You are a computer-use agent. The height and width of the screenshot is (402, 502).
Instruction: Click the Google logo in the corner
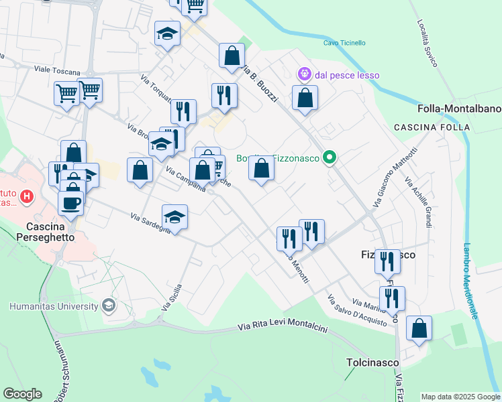pyautogui.click(x=22, y=394)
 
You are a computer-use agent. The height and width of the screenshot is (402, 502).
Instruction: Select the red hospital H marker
pyautogui.click(x=26, y=196)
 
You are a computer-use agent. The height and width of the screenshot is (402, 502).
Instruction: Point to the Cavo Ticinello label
pyautogui.click(x=344, y=43)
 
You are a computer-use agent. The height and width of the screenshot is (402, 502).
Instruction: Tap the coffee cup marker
pyautogui.click(x=72, y=202)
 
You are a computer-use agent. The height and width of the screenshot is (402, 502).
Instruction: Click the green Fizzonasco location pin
pyautogui.click(x=329, y=159)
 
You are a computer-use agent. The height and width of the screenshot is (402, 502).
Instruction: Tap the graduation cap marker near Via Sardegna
pyautogui.click(x=174, y=217)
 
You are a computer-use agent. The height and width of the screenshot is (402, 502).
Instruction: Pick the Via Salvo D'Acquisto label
pyautogui.click(x=356, y=310)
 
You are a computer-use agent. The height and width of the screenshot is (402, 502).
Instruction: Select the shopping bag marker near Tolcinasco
pyautogui.click(x=419, y=328)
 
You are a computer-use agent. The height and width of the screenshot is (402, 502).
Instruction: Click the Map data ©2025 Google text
pyautogui.click(x=460, y=397)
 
